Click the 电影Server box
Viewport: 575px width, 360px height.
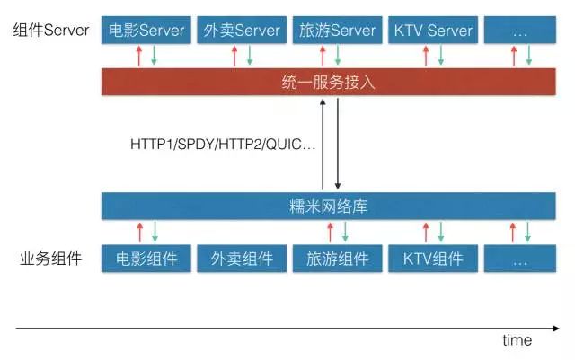pyautogui.click(x=146, y=31)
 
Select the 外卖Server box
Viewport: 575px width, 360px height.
pyautogui.click(x=242, y=31)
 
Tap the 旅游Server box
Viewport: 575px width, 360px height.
pyautogui.click(x=337, y=31)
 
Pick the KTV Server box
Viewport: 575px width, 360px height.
pyautogui.click(x=432, y=31)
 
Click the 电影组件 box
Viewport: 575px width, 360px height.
pyautogui.click(x=146, y=259)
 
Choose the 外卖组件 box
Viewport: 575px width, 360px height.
pyautogui.click(x=242, y=259)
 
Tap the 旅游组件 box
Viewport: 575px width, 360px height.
pyautogui.click(x=337, y=259)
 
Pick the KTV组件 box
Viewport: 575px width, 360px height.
pyautogui.click(x=432, y=259)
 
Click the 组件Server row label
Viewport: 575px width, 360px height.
pyautogui.click(x=51, y=31)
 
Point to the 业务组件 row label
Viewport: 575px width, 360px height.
pyautogui.click(x=51, y=259)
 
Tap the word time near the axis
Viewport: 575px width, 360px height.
pyautogui.click(x=517, y=340)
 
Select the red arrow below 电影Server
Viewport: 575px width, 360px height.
pyautogui.click(x=138, y=57)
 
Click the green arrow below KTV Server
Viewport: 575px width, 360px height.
pyautogui.click(x=440, y=57)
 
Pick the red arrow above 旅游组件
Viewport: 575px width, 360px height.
pyautogui.click(x=329, y=233)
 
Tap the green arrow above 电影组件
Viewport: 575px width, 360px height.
pyautogui.click(x=155, y=233)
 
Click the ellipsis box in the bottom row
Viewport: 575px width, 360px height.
pyautogui.click(x=520, y=259)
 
